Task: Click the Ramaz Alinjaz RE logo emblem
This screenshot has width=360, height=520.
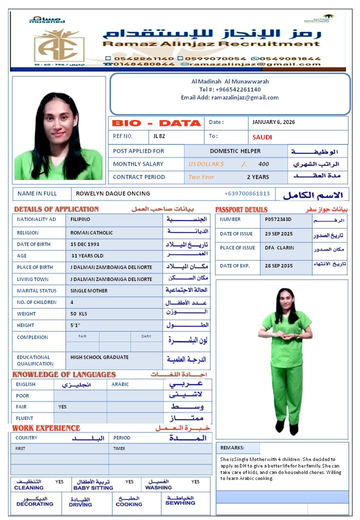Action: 59,44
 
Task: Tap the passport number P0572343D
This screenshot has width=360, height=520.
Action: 278,219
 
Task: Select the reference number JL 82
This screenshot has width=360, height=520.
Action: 159,136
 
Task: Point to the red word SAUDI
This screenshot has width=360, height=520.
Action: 262,137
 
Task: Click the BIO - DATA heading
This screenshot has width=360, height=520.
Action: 155,123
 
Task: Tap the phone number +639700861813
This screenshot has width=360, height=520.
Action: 247,193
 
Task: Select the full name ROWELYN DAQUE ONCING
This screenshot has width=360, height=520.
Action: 113,193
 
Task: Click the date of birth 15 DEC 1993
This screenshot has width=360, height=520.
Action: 85,244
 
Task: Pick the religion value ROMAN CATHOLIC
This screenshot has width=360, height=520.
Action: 91,232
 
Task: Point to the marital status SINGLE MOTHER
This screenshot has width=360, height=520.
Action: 89,290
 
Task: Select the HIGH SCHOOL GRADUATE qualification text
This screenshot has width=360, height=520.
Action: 99,357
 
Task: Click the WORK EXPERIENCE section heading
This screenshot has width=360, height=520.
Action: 46,428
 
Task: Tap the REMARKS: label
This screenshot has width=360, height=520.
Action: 232,448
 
